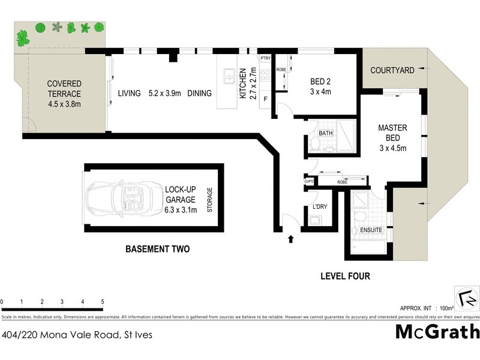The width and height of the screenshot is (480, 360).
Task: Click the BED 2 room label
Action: [320, 86]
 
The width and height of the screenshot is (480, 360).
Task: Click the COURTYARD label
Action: [392, 70]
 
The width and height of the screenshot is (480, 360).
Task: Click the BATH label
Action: [326, 133]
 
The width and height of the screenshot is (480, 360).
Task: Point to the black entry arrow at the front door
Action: [291, 239]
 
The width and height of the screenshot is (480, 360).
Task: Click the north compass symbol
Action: [467, 298]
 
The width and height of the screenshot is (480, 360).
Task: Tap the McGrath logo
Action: [437, 332]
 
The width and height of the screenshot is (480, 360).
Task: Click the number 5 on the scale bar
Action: [103, 301]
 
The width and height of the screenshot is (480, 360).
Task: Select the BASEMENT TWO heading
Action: [157, 249]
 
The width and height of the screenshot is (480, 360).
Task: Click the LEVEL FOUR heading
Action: [345, 277]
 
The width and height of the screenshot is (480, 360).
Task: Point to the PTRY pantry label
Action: [265, 58]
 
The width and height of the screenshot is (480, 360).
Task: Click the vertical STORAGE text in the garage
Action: [209, 199]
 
